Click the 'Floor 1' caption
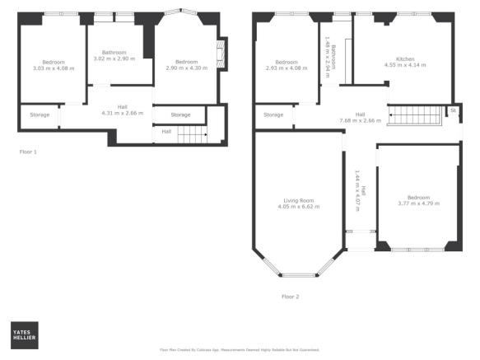tap(28, 152)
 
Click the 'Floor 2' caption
tap(290, 296)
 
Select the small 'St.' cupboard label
tap(452, 110)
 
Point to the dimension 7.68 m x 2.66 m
tap(360, 120)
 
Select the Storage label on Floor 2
tap(273, 115)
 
